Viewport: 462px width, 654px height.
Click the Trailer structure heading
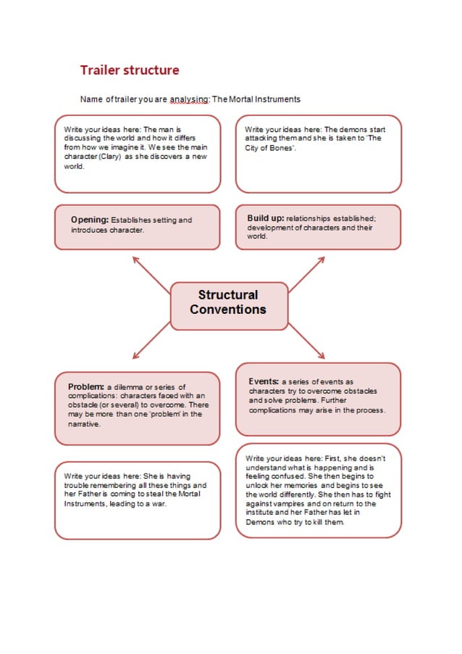(x=130, y=70)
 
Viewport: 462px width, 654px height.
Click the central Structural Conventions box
(x=228, y=302)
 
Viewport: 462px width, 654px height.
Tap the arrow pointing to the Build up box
(x=308, y=273)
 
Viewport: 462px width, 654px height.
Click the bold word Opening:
(x=90, y=220)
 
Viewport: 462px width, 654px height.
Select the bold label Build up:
(x=265, y=218)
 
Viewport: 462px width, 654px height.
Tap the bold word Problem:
(x=86, y=386)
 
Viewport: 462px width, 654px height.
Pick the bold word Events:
(x=264, y=381)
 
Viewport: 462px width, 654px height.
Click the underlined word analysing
(x=189, y=99)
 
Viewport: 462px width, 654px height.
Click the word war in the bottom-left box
(x=159, y=503)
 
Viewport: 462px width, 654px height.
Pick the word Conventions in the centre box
(x=228, y=310)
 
